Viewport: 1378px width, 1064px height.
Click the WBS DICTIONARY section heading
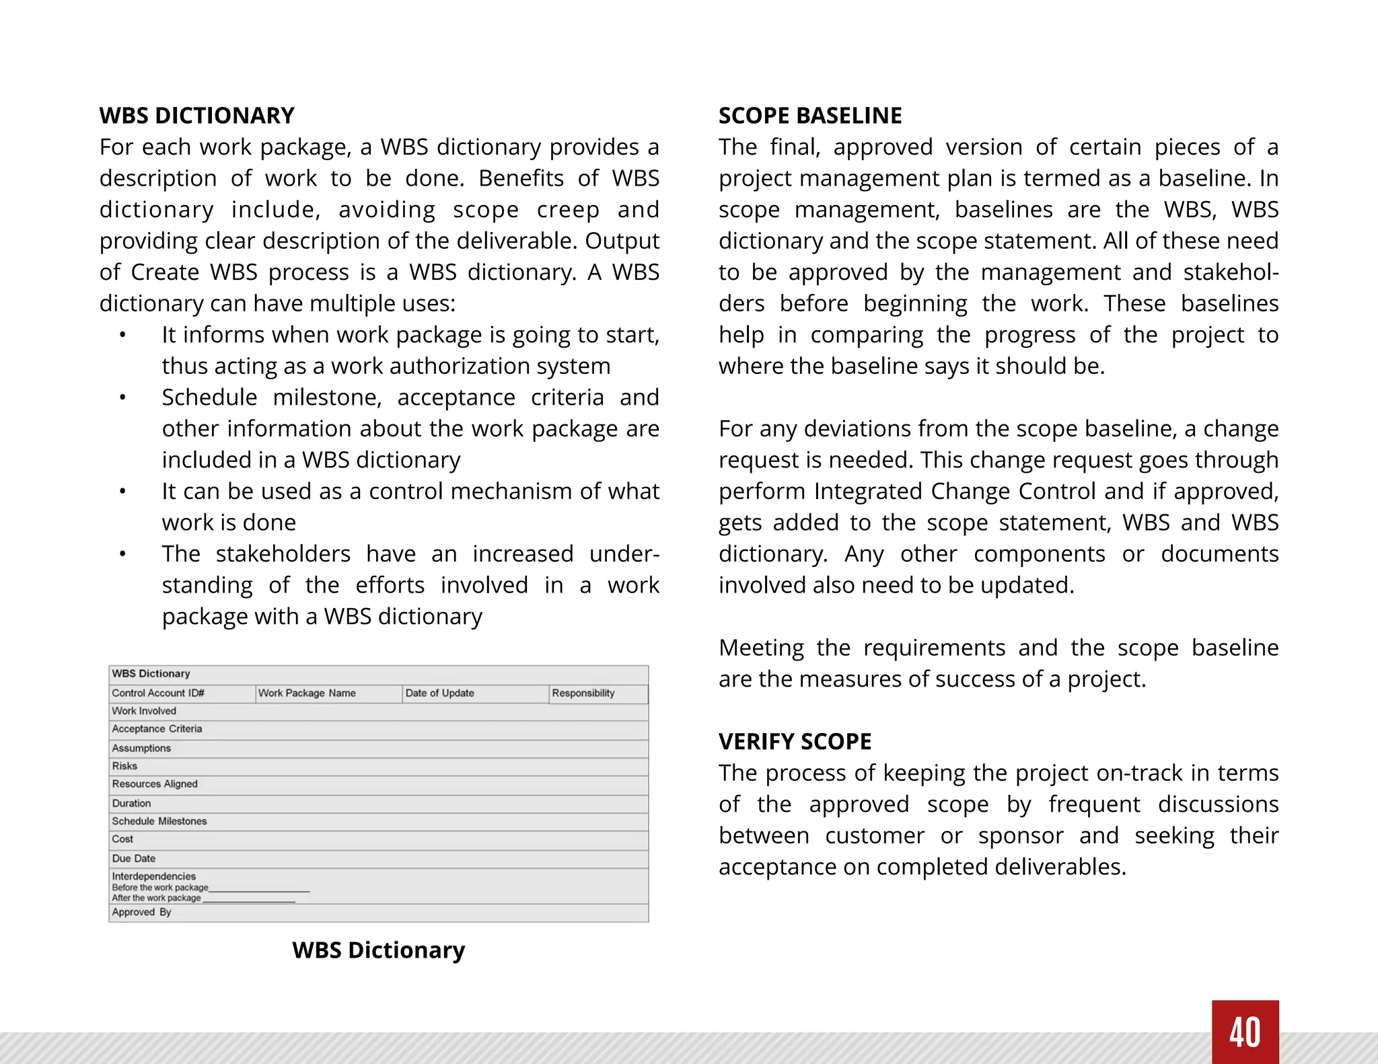click(x=196, y=116)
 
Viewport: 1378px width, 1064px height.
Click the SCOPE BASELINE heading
click(x=809, y=116)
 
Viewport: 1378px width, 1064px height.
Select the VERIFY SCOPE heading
click(x=795, y=741)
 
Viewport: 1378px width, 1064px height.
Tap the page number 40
click(x=1245, y=1032)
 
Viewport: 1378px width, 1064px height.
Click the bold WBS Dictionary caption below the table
click(x=378, y=950)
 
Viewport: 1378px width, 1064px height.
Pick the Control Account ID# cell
click(x=158, y=693)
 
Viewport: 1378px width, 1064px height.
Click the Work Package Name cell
click(x=307, y=693)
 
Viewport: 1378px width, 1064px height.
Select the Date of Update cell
click(x=439, y=693)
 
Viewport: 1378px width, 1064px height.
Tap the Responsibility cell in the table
click(x=583, y=693)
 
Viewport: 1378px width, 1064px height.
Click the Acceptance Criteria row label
click(x=157, y=728)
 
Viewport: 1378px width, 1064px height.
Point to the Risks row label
click(x=124, y=765)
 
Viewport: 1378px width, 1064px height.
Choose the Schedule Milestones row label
click(x=159, y=821)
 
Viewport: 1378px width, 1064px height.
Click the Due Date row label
click(x=134, y=858)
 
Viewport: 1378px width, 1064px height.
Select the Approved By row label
click(x=141, y=912)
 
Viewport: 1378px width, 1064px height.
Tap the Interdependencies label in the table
click(x=154, y=876)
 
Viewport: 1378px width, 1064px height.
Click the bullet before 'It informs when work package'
click(x=122, y=335)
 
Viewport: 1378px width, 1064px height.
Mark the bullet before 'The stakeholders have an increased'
click(x=122, y=554)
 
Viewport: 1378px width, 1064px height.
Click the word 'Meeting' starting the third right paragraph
click(x=761, y=648)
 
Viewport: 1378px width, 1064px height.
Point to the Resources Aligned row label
click(x=155, y=784)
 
